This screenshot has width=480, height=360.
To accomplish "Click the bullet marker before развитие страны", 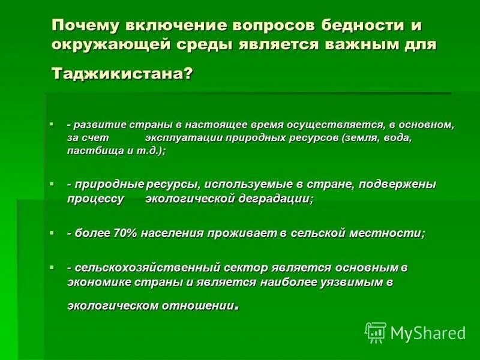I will [x=52, y=124].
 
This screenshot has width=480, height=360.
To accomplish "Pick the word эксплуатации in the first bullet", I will [x=182, y=138].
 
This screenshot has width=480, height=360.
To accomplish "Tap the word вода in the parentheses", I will [x=395, y=138].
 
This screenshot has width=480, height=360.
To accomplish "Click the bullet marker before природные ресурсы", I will [x=52, y=183].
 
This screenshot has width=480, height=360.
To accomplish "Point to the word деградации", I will [x=271, y=199].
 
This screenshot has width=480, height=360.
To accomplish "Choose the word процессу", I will [x=96, y=199].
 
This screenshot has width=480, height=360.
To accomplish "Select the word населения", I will [x=173, y=233].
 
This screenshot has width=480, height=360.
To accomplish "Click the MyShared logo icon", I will [x=376, y=332].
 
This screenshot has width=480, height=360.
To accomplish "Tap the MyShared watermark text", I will [x=428, y=332].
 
